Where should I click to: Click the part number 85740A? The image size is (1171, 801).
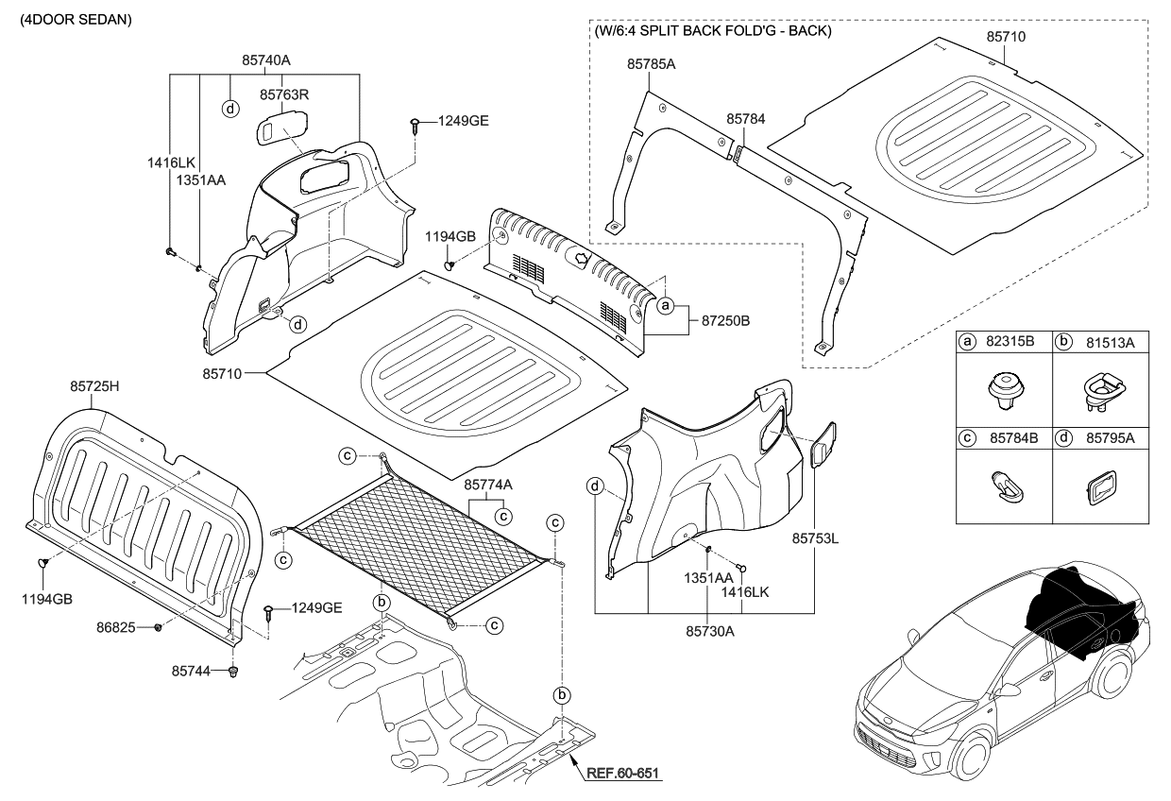click(265, 60)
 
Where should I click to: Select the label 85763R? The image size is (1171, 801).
click(286, 94)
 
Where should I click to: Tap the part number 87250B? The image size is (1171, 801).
click(725, 322)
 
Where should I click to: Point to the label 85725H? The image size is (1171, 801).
click(94, 385)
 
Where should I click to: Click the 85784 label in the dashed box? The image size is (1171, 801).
click(745, 119)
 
